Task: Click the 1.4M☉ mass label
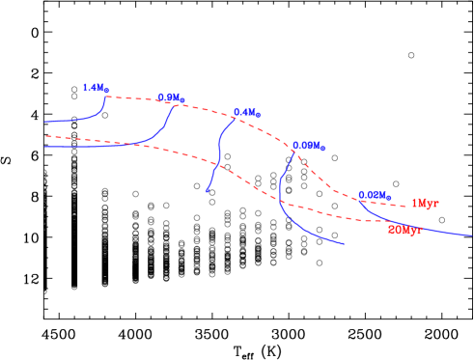tap(96, 88)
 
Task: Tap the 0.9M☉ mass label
tap(171, 97)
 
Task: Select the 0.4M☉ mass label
tap(247, 113)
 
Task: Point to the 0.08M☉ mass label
tap(309, 147)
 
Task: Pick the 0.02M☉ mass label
tap(375, 195)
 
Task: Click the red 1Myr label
tap(425, 204)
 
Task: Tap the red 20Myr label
tap(404, 231)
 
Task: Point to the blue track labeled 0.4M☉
tap(219, 150)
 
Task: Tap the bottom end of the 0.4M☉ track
tap(207, 191)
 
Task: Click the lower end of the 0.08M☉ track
tap(344, 244)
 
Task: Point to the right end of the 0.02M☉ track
tap(472, 235)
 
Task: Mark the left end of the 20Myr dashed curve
tap(45, 136)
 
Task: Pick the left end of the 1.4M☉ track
tap(45, 123)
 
